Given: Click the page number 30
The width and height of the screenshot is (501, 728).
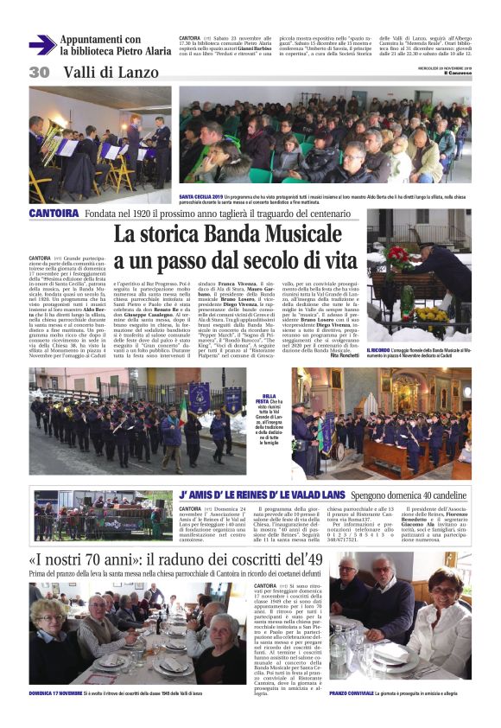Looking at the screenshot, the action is (x=40, y=72).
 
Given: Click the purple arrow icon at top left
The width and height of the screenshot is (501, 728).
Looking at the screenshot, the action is (x=41, y=45).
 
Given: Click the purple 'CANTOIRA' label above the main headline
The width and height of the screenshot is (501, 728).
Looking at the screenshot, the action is (x=54, y=213).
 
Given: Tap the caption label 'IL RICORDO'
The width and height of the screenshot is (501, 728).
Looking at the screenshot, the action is (x=382, y=348).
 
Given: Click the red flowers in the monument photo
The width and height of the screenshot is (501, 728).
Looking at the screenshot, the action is (x=398, y=255).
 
